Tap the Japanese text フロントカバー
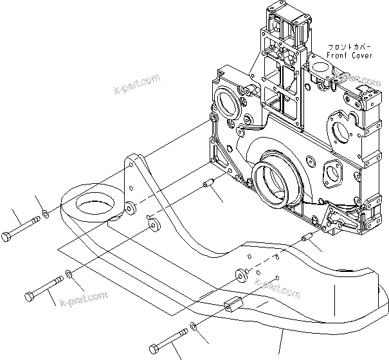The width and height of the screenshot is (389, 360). click(348, 47)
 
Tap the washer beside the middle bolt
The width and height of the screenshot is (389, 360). click(70, 277)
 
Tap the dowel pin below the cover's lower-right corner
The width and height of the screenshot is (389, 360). click(307, 241)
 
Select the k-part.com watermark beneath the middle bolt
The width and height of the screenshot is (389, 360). click(83, 300)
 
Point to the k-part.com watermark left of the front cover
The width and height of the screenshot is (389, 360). click(136, 83)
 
